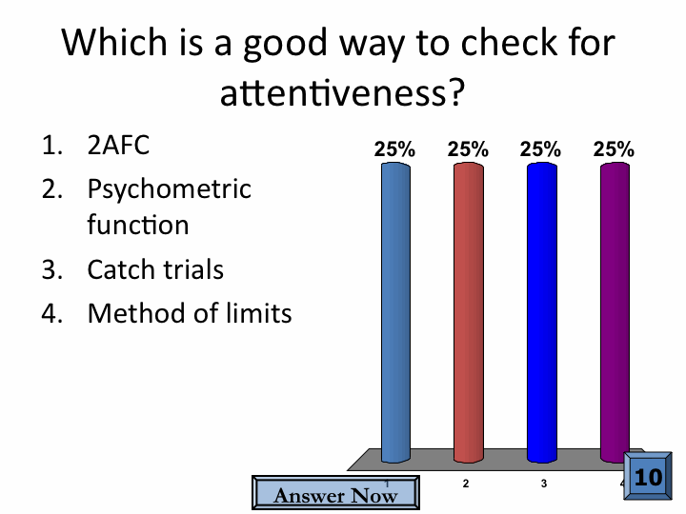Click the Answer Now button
pos(335,493)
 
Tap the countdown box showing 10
pos(648,476)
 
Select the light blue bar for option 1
pos(395,312)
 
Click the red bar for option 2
pos(469,312)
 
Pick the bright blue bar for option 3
pos(541,312)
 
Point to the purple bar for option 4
pos(615,312)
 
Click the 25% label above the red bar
pos(468,149)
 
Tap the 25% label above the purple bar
pos(614,149)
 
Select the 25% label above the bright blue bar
pos(540,149)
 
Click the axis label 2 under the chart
pos(466,484)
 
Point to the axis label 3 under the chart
pos(544,484)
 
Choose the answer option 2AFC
pos(118,145)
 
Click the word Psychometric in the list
pos(170,190)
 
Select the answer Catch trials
pos(155,269)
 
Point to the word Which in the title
pos(114,43)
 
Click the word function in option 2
pos(138,225)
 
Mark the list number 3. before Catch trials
pos(52,269)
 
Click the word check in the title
pos(509,43)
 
